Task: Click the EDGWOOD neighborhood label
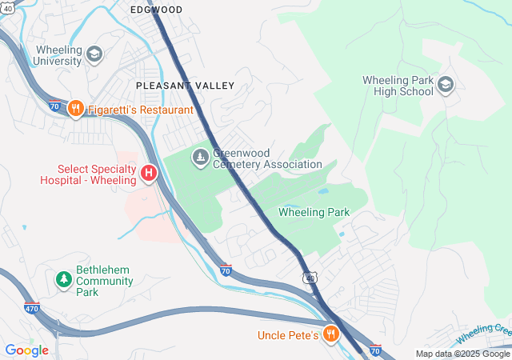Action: tap(156, 10)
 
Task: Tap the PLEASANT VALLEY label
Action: tap(185, 85)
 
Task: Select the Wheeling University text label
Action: tap(58, 55)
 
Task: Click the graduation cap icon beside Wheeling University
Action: tap(94, 54)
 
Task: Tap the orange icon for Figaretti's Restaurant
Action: tap(76, 109)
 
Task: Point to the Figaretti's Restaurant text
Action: tap(141, 109)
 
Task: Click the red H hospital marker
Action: tap(148, 173)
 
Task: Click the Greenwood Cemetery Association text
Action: tap(266, 158)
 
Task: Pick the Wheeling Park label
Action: tap(314, 212)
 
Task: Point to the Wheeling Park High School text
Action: tap(398, 86)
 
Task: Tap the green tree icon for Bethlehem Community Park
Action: tap(63, 280)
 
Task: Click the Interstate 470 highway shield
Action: tap(31, 308)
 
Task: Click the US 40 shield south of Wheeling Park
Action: tap(309, 277)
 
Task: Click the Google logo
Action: tap(26, 350)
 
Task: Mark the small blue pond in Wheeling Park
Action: tap(322, 192)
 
